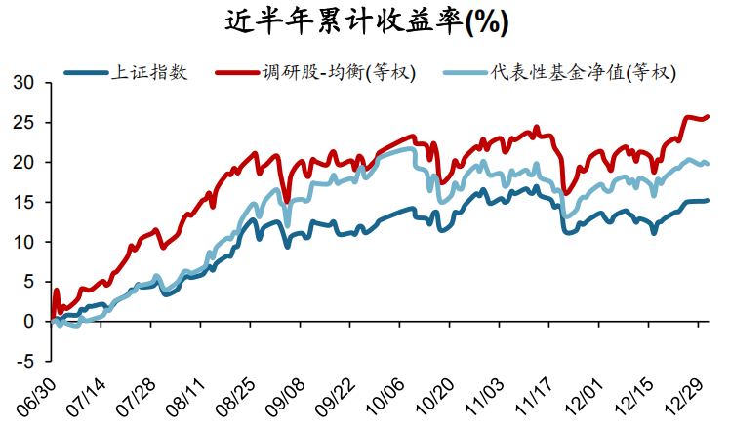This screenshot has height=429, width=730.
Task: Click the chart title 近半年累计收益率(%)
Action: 366,20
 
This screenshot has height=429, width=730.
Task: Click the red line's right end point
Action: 707,117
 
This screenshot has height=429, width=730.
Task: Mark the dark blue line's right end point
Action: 707,201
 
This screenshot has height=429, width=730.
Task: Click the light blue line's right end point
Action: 707,164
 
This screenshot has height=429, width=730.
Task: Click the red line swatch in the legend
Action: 238,72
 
